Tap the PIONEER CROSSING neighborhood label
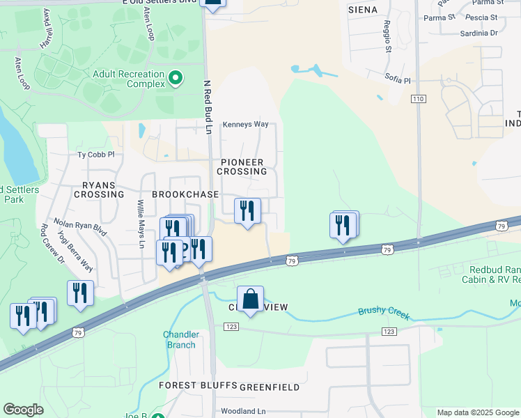243,167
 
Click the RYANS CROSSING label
103,190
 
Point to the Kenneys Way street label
245,125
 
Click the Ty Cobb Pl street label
95,155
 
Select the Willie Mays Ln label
140,224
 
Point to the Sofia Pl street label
397,80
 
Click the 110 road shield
418,100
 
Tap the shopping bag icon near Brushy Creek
250,300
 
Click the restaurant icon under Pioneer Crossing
247,210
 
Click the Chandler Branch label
181,339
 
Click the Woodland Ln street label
243,412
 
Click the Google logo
24,410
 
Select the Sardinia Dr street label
479,33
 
